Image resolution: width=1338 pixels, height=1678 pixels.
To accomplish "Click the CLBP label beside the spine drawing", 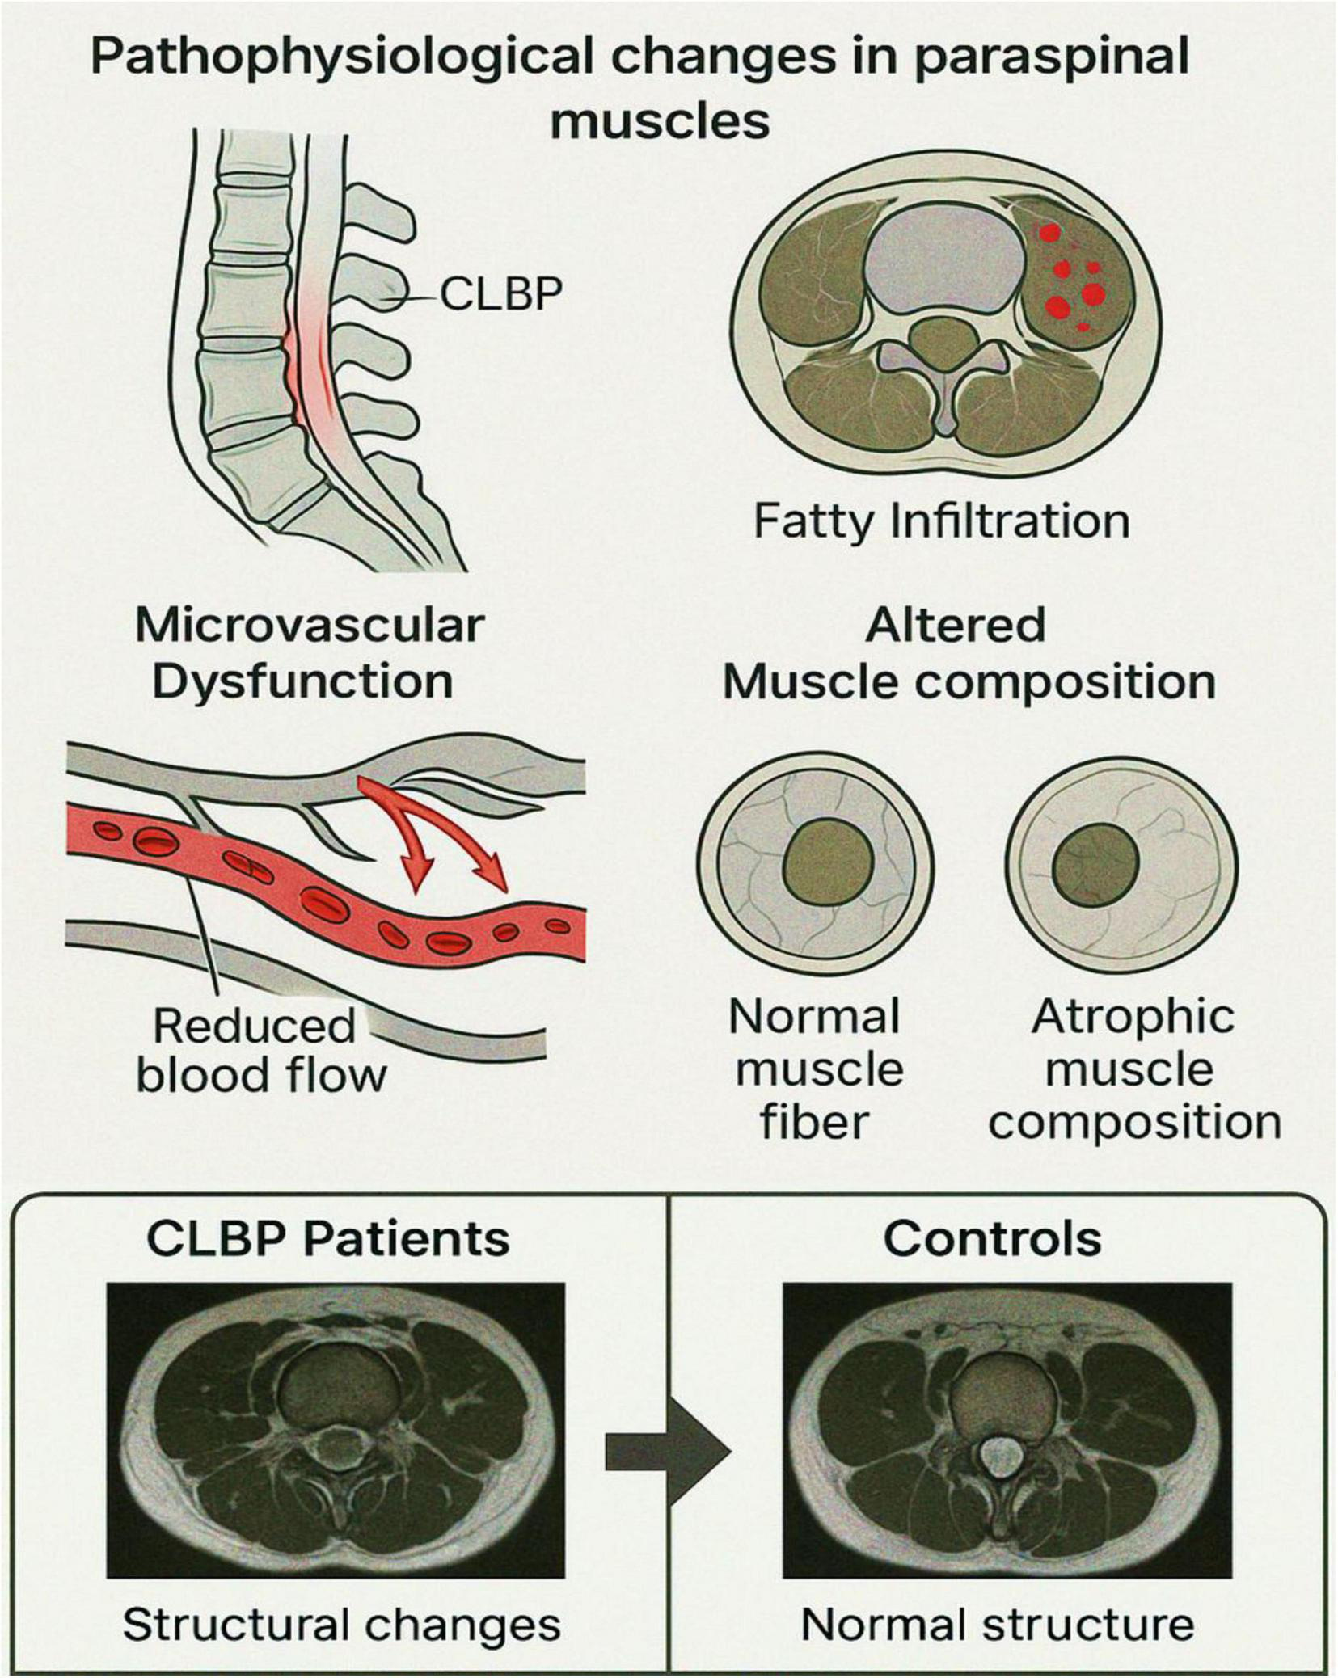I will (x=500, y=293).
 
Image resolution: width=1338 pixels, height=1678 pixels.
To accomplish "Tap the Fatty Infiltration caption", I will (x=941, y=521).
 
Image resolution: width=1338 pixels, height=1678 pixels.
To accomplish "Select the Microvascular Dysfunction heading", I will (x=309, y=654).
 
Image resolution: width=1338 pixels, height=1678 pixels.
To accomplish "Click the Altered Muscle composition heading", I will (x=969, y=654).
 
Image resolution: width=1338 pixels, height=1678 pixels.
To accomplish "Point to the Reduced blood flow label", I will (x=260, y=1051).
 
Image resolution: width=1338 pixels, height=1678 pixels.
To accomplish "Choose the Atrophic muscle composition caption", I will (x=1133, y=1069).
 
